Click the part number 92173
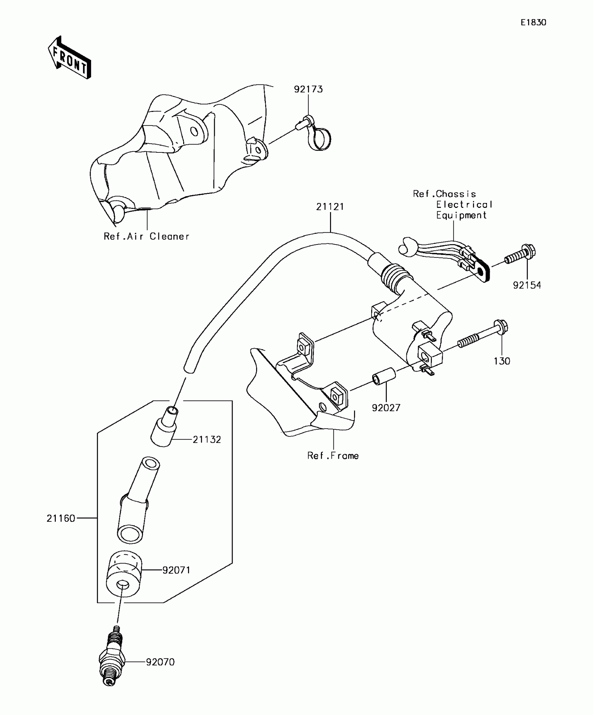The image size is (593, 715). [308, 89]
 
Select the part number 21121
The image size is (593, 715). [330, 207]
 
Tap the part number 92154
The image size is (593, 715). [527, 285]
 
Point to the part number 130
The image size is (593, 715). [502, 361]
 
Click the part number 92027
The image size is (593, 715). [386, 408]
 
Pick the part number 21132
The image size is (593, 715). [207, 439]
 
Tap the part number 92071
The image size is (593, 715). [177, 570]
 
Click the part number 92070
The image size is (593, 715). [160, 662]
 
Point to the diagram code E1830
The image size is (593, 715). [533, 23]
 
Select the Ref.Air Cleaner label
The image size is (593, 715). [147, 236]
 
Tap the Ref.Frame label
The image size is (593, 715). [333, 456]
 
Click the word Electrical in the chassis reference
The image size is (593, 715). [464, 204]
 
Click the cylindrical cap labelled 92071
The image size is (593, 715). [124, 574]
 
